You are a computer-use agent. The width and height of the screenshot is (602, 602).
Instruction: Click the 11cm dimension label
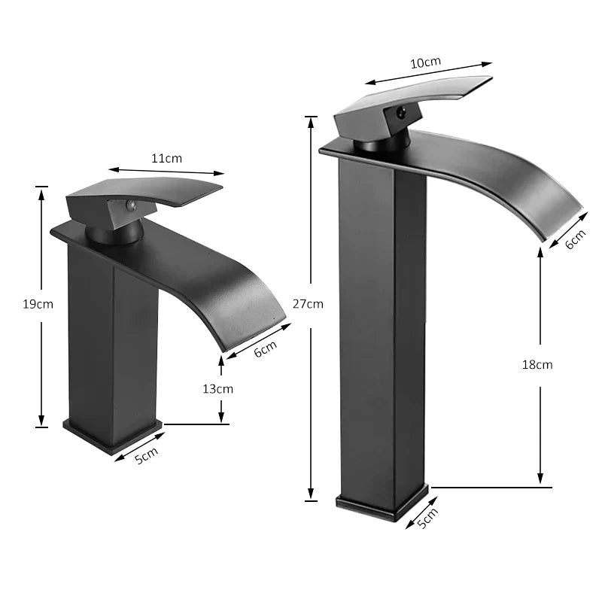[x=167, y=158]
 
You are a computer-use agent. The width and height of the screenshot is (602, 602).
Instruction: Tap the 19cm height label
[x=38, y=304]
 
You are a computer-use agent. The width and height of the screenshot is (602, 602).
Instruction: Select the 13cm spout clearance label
[x=218, y=389]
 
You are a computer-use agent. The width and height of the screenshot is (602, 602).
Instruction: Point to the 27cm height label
[x=308, y=304]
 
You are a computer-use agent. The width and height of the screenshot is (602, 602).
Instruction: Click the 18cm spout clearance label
[x=537, y=364]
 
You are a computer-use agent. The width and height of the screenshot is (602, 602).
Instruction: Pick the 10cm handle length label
[x=425, y=63]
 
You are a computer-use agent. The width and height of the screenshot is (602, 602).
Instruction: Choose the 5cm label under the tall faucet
[x=427, y=518]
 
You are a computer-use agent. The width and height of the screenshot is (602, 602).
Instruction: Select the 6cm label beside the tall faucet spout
[x=574, y=239]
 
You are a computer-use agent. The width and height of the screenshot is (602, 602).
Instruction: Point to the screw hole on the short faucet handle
[x=129, y=205]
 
